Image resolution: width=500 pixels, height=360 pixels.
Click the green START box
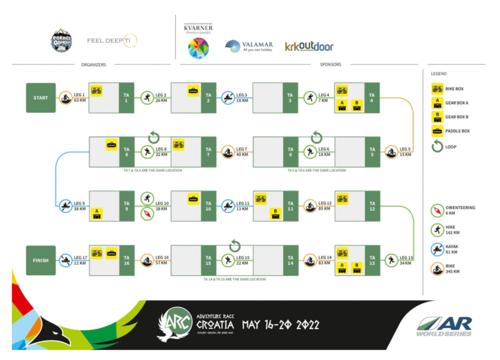pyautogui.click(x=41, y=98)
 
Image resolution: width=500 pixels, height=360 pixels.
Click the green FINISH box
pyautogui.click(x=41, y=260)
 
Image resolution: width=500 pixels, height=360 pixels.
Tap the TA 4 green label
pyautogui.click(x=372, y=98)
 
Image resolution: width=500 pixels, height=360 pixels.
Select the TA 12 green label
pyautogui.click(x=372, y=206)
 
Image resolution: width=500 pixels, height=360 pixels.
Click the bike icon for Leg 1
pyautogui.click(x=65, y=98)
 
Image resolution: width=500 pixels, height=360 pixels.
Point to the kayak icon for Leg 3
pyautogui.click(x=228, y=98)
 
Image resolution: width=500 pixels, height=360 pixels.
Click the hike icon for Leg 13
pyautogui.click(x=391, y=260)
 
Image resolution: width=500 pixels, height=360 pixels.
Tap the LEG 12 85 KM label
pyautogui.click(x=325, y=206)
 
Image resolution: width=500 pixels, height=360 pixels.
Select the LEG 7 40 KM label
pyautogui.click(x=243, y=152)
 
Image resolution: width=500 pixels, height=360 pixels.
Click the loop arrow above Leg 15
pyautogui.click(x=235, y=245)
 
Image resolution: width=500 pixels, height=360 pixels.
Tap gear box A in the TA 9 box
pyautogui.click(x=97, y=213)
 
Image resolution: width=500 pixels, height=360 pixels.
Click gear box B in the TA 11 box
pyautogui.click(x=276, y=213)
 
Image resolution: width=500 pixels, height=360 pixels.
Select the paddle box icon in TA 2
pyautogui.click(x=194, y=90)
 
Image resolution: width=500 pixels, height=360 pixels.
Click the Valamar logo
pyautogui.click(x=249, y=46)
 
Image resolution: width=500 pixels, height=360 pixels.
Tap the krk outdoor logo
pyautogui.click(x=309, y=46)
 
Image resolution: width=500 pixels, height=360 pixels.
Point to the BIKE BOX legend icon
pyautogui.click(x=437, y=89)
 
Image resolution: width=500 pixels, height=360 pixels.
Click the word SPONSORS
pyautogui.click(x=330, y=65)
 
